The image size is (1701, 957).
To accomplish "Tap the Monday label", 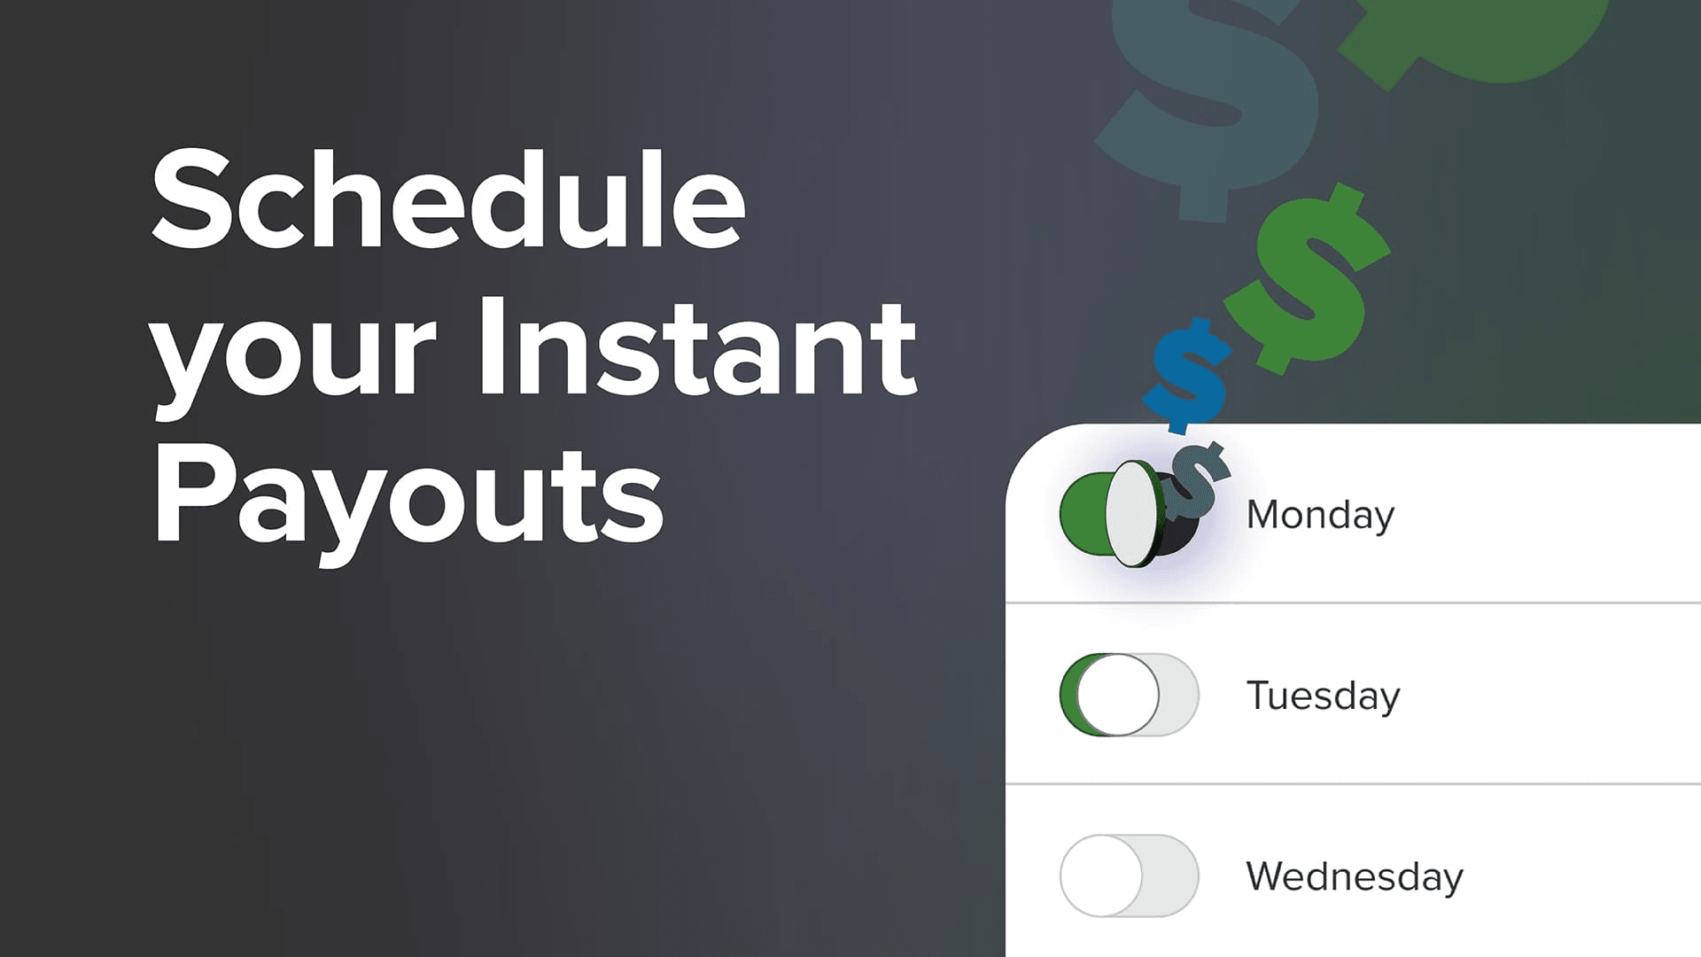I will coord(1320,515).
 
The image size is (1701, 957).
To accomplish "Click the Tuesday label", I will coord(1323,696).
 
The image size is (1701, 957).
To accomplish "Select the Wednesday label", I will coord(1354,876).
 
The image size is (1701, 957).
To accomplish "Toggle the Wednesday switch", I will coord(1129,875).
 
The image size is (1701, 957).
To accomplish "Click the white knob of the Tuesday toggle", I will coord(1118,695).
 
